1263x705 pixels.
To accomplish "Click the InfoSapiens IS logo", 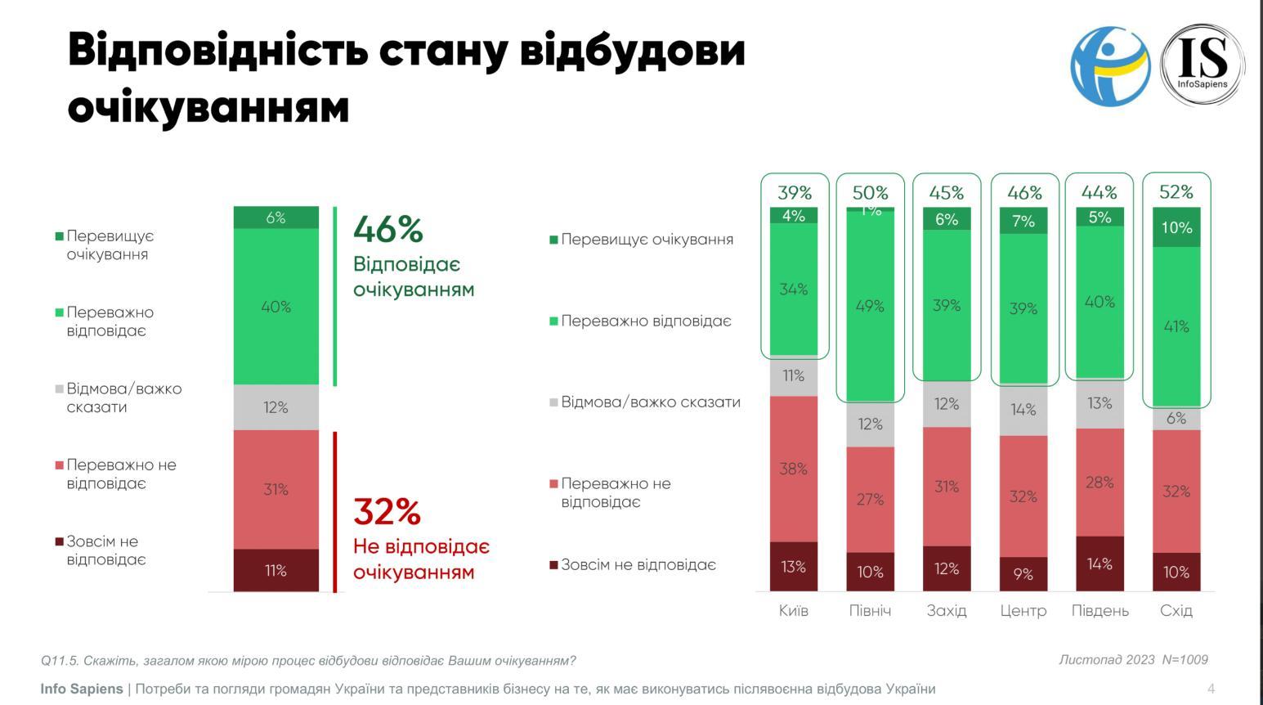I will tap(1203, 64).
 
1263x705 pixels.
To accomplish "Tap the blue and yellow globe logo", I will tap(1110, 65).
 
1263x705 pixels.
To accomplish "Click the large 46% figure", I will tap(387, 229).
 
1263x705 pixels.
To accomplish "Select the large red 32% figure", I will tap(387, 512).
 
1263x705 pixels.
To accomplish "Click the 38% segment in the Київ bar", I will tap(794, 469).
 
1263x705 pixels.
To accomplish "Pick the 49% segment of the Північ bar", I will tap(870, 306).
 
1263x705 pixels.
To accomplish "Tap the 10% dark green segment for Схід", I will tap(1176, 227).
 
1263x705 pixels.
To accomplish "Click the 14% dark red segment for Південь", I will tap(1100, 564).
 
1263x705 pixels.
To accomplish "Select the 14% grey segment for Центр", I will tap(1023, 409).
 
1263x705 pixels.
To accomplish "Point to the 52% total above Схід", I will tap(1176, 192).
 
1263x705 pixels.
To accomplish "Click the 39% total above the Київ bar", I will tap(795, 193).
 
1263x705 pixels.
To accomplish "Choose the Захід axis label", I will tap(947, 610).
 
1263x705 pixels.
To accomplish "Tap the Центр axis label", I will tap(1023, 610).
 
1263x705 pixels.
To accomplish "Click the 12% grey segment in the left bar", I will tap(276, 407).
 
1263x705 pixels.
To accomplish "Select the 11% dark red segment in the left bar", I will tap(276, 570).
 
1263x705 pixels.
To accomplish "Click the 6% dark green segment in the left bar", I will tap(276, 218).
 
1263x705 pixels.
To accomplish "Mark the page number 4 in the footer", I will tap(1211, 689).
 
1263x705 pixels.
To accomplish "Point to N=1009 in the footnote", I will tap(1185, 659).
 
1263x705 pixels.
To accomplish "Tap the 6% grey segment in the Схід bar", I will tap(1176, 418).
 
